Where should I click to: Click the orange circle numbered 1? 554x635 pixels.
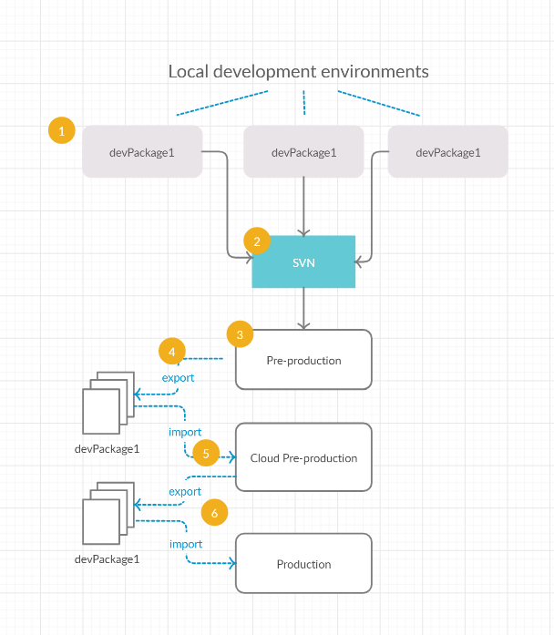pyautogui.click(x=62, y=130)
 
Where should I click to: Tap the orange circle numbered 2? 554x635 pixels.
pyautogui.click(x=257, y=241)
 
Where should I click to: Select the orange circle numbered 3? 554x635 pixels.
pyautogui.click(x=240, y=334)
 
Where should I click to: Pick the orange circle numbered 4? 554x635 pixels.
pyautogui.click(x=172, y=351)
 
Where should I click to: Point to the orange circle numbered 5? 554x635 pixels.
pyautogui.click(x=206, y=453)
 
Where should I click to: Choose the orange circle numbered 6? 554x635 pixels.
pyautogui.click(x=214, y=512)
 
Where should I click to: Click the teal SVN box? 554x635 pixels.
pyautogui.click(x=303, y=261)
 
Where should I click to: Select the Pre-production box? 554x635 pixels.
pyautogui.click(x=303, y=360)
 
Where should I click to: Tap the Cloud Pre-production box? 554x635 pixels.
pyautogui.click(x=303, y=457)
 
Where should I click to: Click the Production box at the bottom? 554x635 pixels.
pyautogui.click(x=303, y=563)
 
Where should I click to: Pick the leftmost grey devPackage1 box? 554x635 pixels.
pyautogui.click(x=142, y=151)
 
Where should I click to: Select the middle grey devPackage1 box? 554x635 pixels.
pyautogui.click(x=303, y=151)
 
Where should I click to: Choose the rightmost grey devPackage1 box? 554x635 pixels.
pyautogui.click(x=448, y=151)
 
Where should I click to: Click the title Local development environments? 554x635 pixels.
pyautogui.click(x=299, y=72)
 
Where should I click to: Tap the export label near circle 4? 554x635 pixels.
pyautogui.click(x=178, y=378)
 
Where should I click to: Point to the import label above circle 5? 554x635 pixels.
pyautogui.click(x=185, y=432)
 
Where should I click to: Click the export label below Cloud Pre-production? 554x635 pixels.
pyautogui.click(x=185, y=491)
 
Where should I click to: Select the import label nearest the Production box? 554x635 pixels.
pyautogui.click(x=186, y=544)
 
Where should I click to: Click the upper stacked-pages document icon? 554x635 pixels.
pyautogui.click(x=108, y=403)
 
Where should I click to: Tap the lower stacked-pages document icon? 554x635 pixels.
pyautogui.click(x=108, y=513)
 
